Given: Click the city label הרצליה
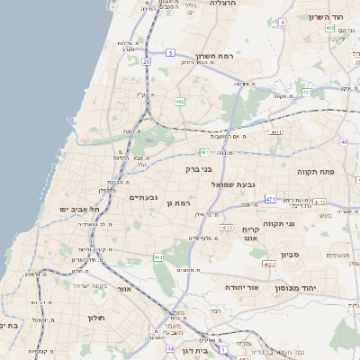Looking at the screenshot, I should (x=222, y=4).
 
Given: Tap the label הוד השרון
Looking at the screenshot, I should (x=326, y=18).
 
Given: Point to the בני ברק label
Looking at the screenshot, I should (x=198, y=168).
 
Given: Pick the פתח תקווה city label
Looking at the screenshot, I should (x=315, y=169).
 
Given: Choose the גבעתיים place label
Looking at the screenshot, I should (x=143, y=197).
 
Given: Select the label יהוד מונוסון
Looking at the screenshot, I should (x=306, y=286).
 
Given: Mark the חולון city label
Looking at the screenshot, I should (x=96, y=318).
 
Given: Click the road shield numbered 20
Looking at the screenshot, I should (x=147, y=61).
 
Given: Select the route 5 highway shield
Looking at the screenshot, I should (x=171, y=53).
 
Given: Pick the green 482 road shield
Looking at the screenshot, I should (x=181, y=101).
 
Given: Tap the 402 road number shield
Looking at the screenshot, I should (x=329, y=28).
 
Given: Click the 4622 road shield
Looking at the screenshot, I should (x=269, y=265).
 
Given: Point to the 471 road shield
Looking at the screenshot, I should (x=270, y=198).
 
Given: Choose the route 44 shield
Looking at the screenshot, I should (x=169, y=347).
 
